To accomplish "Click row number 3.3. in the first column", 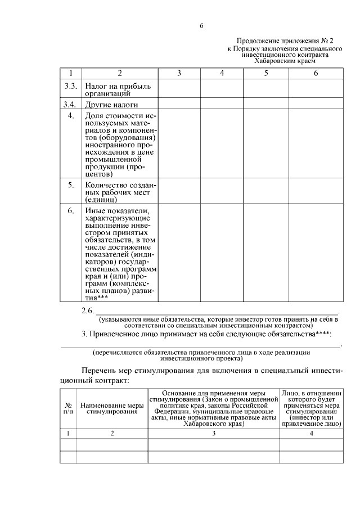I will point(71,87).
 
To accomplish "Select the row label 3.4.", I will point(71,105).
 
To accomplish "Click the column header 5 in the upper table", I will point(265,73).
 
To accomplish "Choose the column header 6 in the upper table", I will point(316,73).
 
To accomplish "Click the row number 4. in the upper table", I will point(71,116).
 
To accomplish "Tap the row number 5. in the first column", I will point(71,184).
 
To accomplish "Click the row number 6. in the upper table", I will point(71,211).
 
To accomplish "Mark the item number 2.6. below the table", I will point(87,311).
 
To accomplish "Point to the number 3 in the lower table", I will point(214,434).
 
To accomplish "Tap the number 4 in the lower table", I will point(311,434).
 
